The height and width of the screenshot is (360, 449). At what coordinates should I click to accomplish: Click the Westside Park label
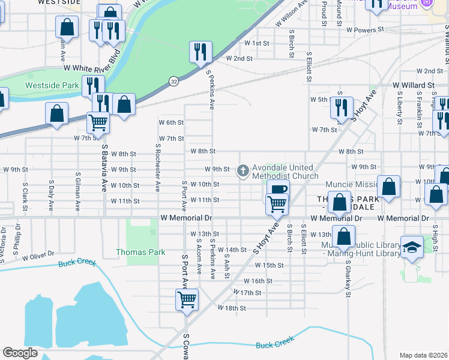point(52,85)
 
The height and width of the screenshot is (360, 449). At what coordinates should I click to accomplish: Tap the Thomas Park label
point(140,253)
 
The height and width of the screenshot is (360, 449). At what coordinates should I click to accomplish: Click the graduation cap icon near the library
point(412,247)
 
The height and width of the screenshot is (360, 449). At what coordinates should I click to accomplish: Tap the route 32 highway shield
point(173,80)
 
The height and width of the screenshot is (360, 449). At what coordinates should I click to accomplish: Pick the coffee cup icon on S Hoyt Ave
point(278,190)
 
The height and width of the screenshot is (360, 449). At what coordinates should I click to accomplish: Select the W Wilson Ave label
point(292,14)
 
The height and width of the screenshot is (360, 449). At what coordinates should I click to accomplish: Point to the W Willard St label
point(413,86)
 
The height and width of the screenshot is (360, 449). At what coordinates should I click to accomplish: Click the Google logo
point(20,353)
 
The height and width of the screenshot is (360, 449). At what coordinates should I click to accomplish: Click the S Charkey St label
point(348,277)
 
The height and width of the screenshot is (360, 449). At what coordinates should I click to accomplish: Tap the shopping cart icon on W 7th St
point(98,122)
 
